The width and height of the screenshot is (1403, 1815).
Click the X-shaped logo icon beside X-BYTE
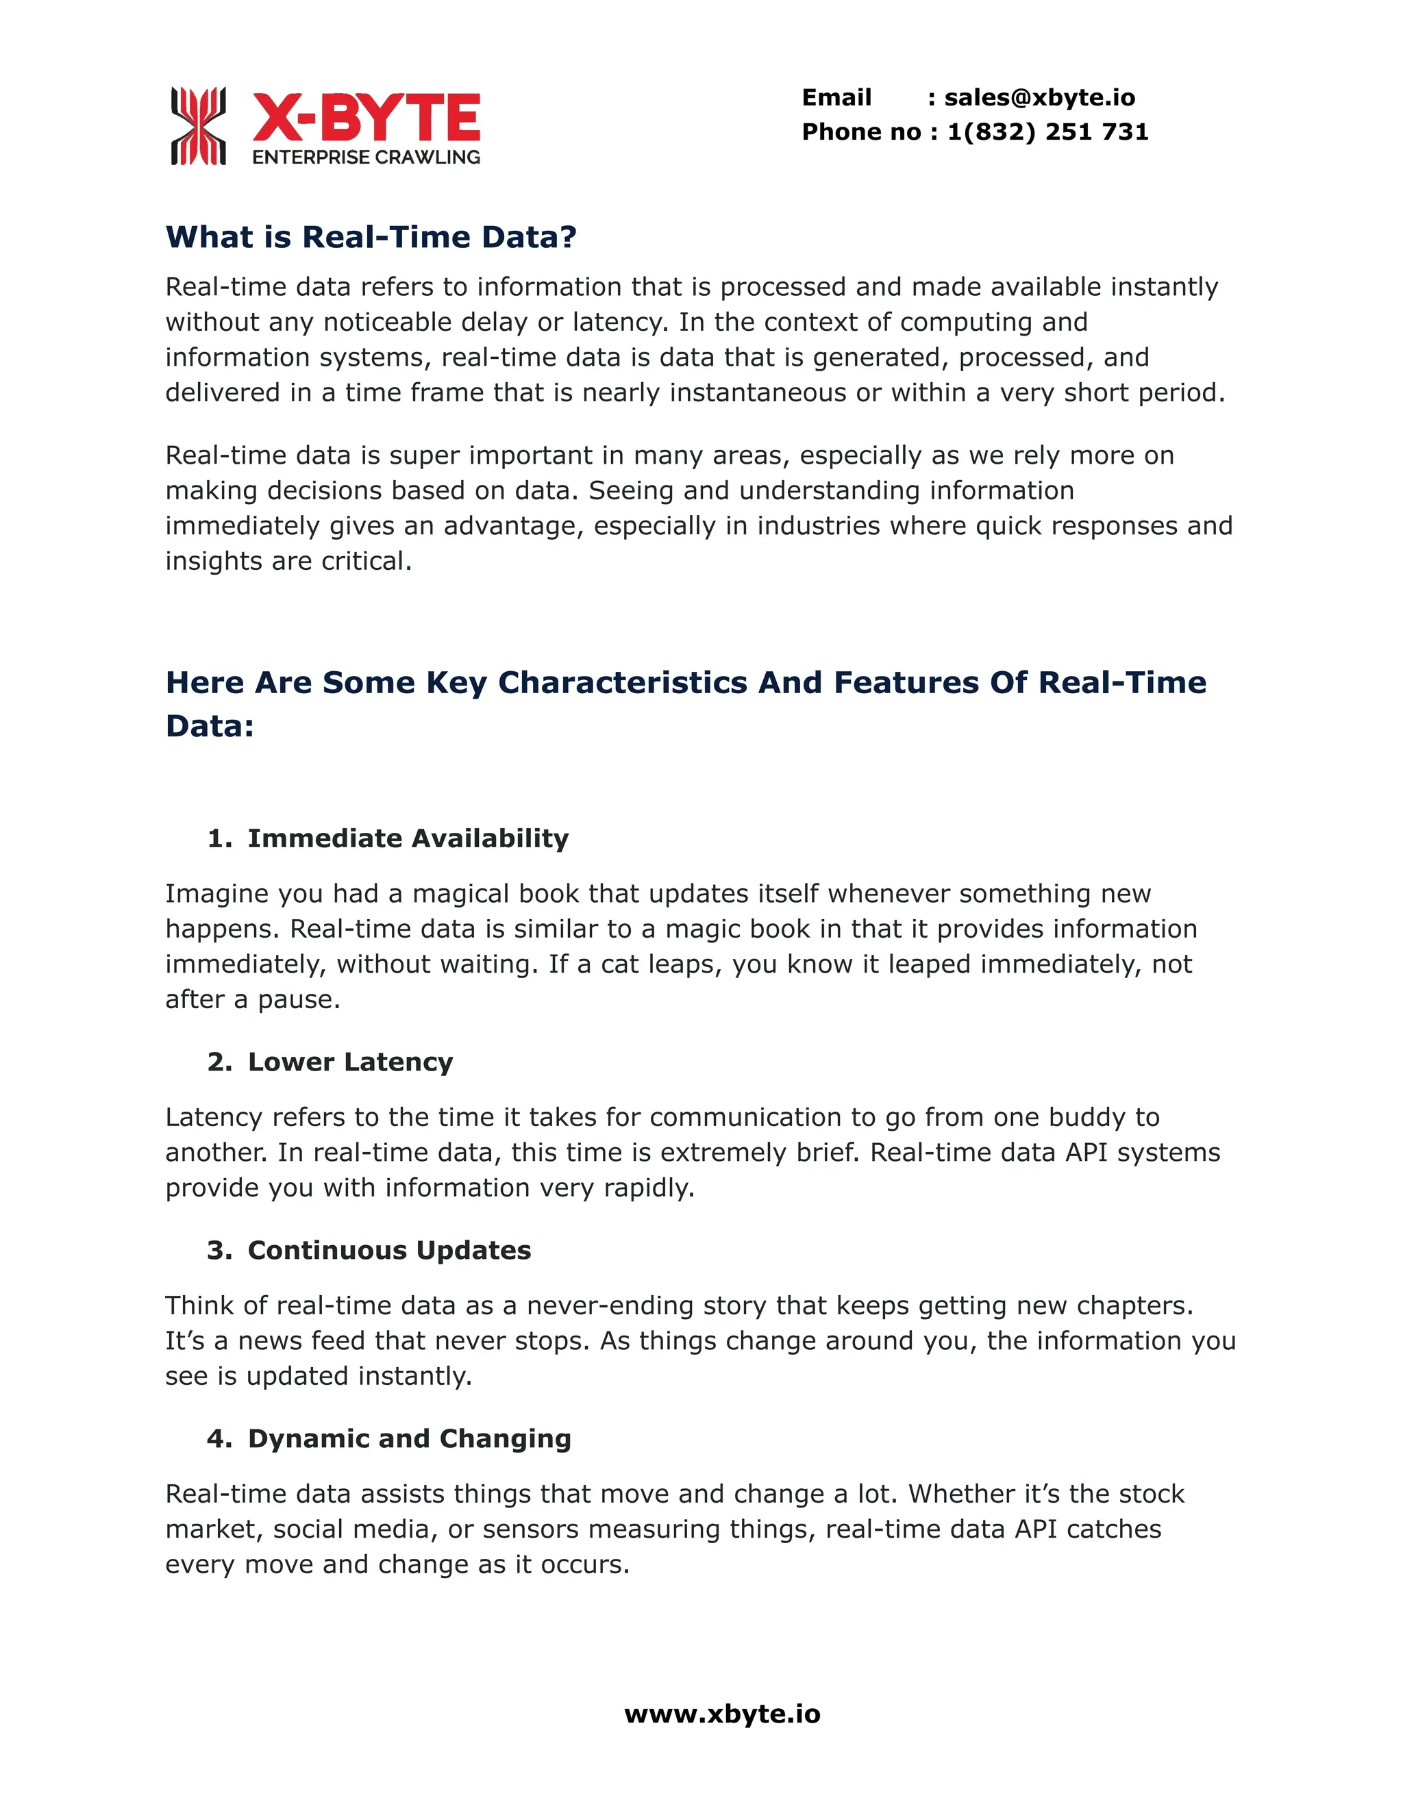pos(198,125)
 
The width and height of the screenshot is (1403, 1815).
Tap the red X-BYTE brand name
pos(366,117)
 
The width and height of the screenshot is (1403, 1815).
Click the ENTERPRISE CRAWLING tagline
pos(366,157)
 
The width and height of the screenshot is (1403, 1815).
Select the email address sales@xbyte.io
pos(1039,98)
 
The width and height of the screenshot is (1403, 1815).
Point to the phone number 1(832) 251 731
pos(1047,132)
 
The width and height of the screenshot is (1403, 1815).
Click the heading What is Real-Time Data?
pos(371,237)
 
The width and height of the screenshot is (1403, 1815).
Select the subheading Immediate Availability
pos(408,838)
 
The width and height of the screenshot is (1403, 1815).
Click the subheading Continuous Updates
pos(389,1250)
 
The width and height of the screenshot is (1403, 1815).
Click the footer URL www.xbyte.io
pos(722,1714)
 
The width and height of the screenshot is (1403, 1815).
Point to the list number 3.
pos(218,1250)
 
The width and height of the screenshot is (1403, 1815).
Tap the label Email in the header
pos(836,98)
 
